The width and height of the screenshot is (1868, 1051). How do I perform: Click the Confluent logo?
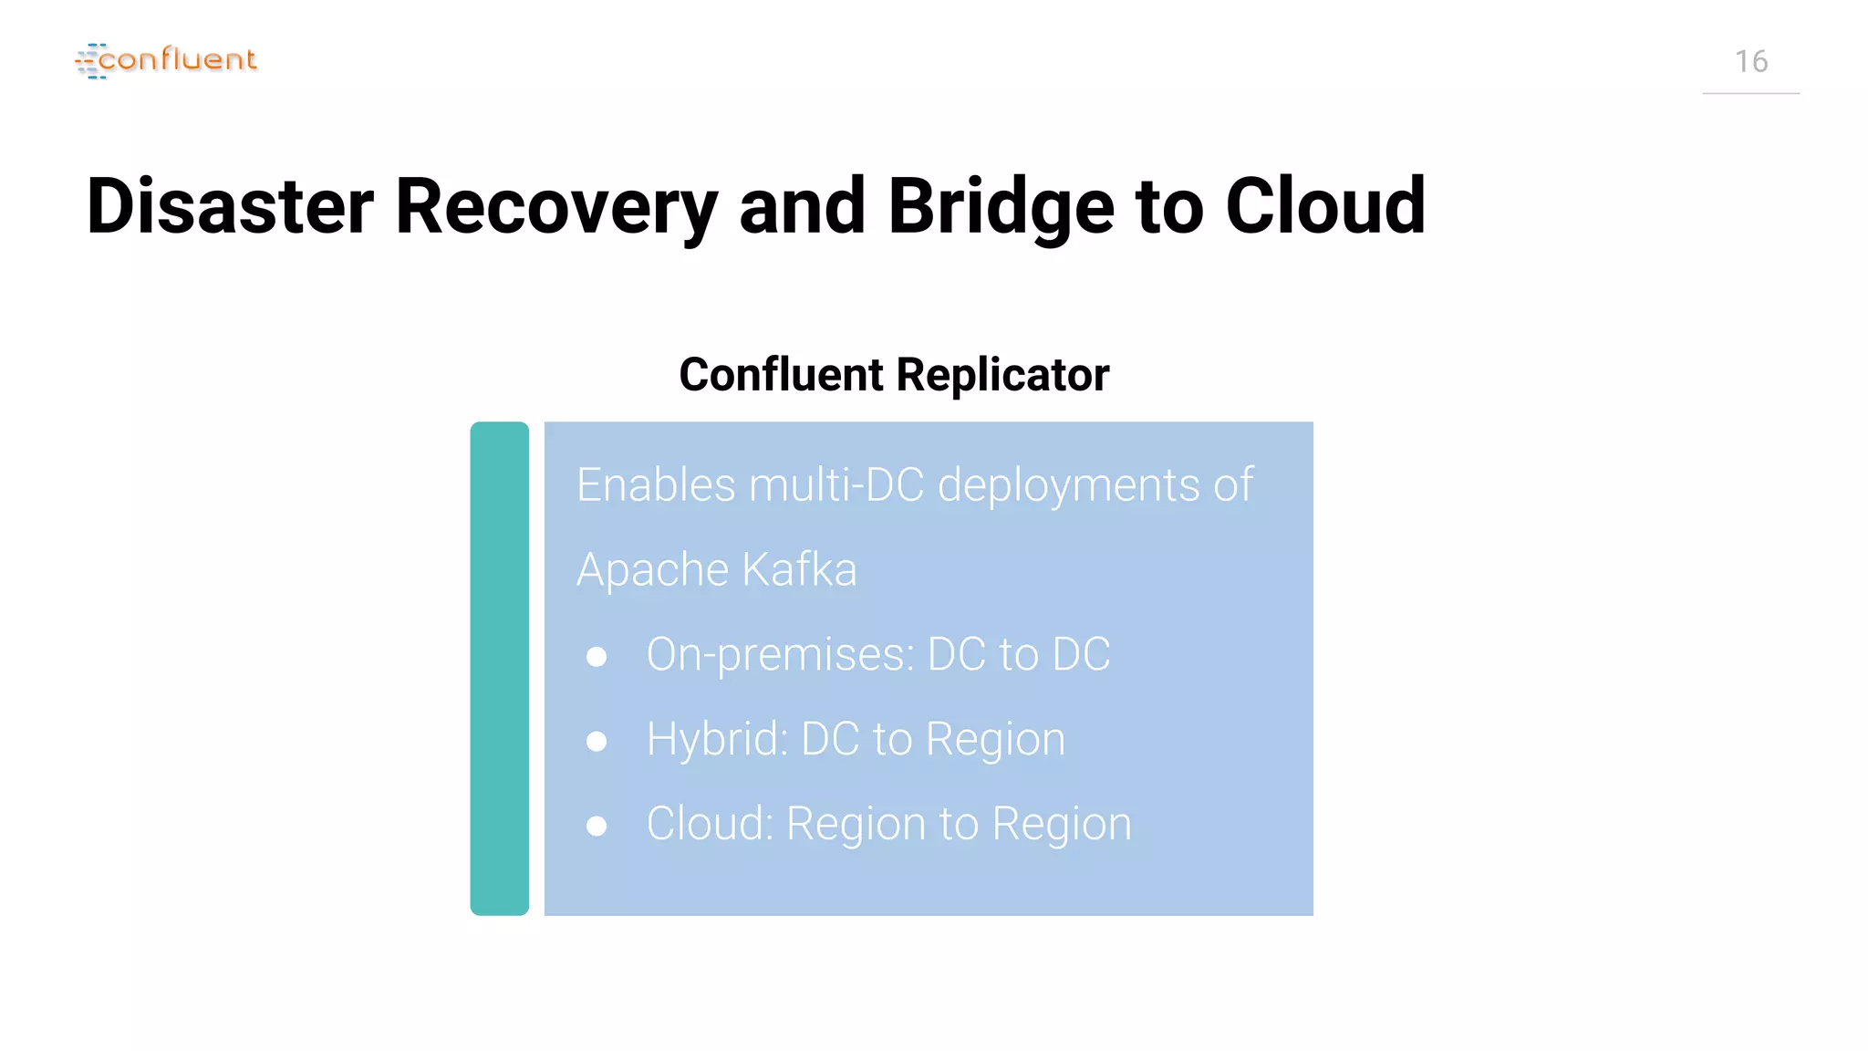click(166, 60)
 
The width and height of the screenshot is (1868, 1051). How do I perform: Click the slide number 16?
click(1750, 62)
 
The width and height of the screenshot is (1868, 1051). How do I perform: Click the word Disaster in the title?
click(230, 206)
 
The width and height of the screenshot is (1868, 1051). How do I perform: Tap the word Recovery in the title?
click(556, 208)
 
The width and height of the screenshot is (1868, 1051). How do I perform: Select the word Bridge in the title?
click(1001, 208)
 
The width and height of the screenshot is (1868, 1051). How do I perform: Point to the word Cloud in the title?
click(1324, 206)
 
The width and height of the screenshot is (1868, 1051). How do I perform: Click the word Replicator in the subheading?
click(1002, 375)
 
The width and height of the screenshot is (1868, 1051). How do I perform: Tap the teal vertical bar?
click(499, 668)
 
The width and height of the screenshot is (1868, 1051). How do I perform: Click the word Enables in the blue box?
click(656, 484)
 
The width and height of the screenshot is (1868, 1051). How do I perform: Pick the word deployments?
click(1069, 486)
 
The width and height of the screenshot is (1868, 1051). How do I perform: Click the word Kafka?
click(799, 569)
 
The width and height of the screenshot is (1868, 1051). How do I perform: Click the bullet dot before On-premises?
click(597, 656)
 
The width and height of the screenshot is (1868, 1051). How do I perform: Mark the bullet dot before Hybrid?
click(597, 741)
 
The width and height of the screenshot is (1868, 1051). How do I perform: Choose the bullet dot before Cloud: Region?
click(597, 826)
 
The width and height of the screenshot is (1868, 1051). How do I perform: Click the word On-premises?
click(779, 655)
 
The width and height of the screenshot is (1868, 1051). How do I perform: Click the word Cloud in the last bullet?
click(709, 824)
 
